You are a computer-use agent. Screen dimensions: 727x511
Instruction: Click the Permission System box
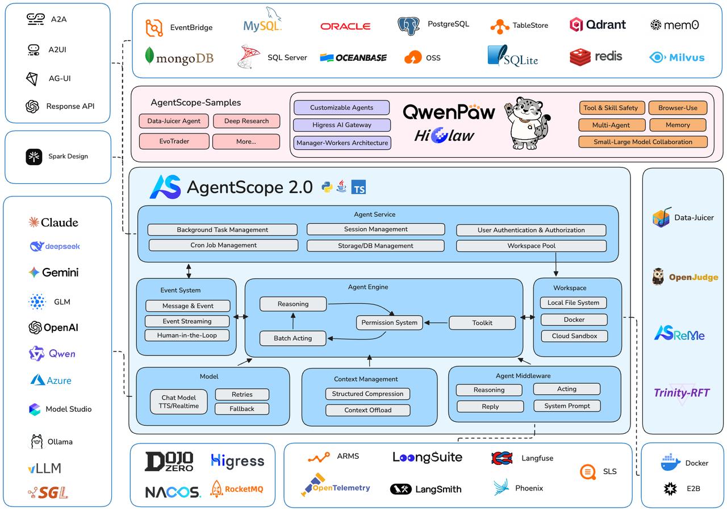[390, 322]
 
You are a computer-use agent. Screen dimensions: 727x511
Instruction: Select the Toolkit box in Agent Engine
[482, 323]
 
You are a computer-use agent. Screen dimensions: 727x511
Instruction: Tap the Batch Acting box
[293, 338]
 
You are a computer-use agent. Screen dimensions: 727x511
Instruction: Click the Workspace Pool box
[531, 246]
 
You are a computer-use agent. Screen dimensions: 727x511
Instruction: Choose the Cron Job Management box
[223, 245]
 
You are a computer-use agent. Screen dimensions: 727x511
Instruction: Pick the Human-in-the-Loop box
[187, 336]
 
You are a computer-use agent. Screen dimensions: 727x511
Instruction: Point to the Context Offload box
[367, 410]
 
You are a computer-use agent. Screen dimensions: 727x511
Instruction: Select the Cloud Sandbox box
[574, 336]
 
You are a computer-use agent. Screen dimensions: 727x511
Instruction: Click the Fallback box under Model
[242, 409]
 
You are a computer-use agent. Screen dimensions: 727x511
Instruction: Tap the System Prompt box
[567, 406]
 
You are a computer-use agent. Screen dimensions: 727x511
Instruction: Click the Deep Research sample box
[246, 121]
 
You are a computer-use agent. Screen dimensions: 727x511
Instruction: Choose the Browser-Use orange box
[678, 108]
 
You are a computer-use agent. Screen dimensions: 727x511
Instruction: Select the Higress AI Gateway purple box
[342, 125]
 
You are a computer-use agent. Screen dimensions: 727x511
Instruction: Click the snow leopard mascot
[527, 123]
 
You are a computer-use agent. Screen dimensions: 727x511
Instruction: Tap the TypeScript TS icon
[358, 187]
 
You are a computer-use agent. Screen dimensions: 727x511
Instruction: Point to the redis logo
[596, 57]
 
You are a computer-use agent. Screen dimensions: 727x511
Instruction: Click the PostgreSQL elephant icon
[408, 26]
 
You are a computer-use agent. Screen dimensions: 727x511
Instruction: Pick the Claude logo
[53, 222]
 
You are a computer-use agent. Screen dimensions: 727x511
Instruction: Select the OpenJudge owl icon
[658, 277]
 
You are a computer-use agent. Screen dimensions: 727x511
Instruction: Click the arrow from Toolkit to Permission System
[436, 323]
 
